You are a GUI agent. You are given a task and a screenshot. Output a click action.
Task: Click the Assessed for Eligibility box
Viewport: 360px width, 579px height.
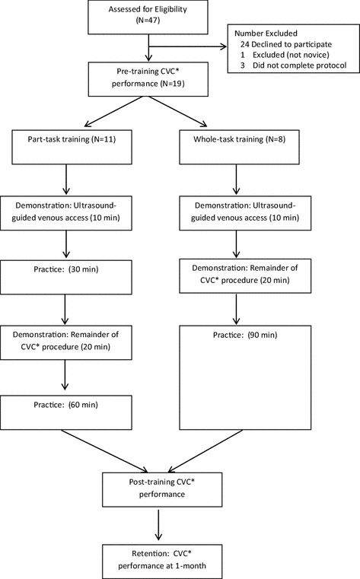pyautogui.click(x=148, y=18)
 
